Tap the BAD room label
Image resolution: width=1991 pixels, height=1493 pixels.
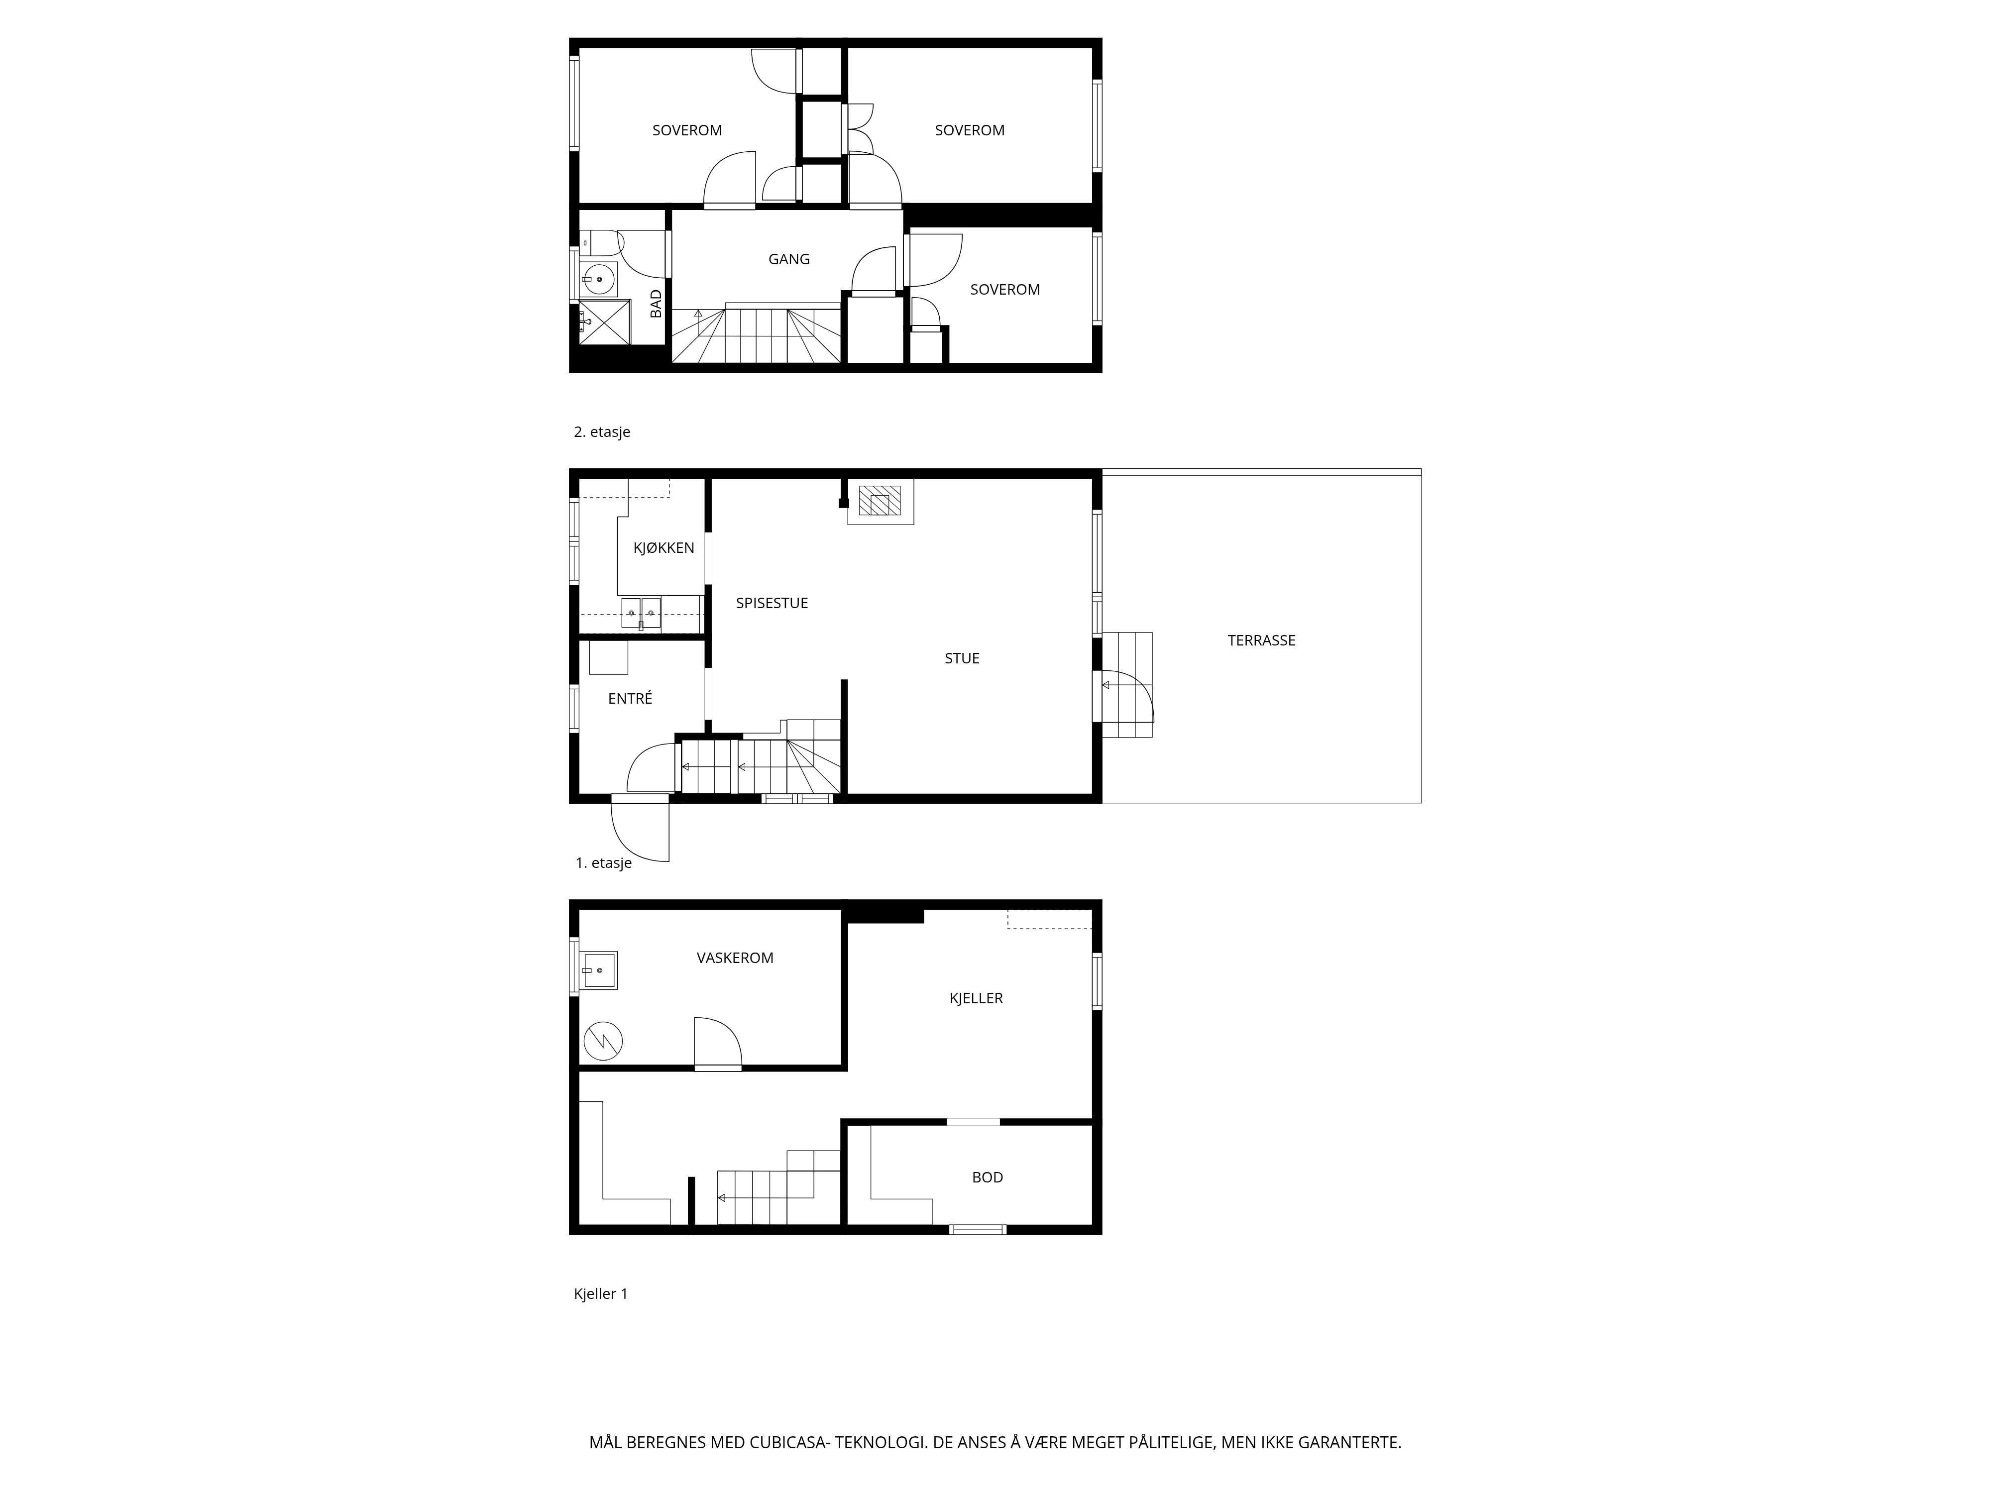pos(656,303)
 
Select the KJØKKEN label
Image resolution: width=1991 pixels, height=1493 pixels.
pos(664,547)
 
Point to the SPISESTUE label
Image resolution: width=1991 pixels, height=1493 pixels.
pos(773,603)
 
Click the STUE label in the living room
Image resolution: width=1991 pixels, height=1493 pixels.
pos(962,658)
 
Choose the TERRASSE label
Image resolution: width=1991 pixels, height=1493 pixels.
pos(1262,640)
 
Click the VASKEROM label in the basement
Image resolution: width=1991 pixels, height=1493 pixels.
pos(735,958)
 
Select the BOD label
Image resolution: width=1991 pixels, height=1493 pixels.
pos(988,1177)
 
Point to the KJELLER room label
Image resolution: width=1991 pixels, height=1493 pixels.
pos(977,998)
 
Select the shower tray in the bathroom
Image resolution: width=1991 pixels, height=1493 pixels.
pos(605,322)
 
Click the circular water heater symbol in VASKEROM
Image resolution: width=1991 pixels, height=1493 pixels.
pos(603,1041)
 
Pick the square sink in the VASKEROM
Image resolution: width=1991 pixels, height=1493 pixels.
pos(599,970)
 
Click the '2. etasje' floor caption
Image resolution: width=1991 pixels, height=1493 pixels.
pos(602,432)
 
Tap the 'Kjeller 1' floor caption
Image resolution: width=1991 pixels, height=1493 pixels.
pos(600,1294)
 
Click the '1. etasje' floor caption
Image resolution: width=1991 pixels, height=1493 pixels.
pos(604,863)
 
